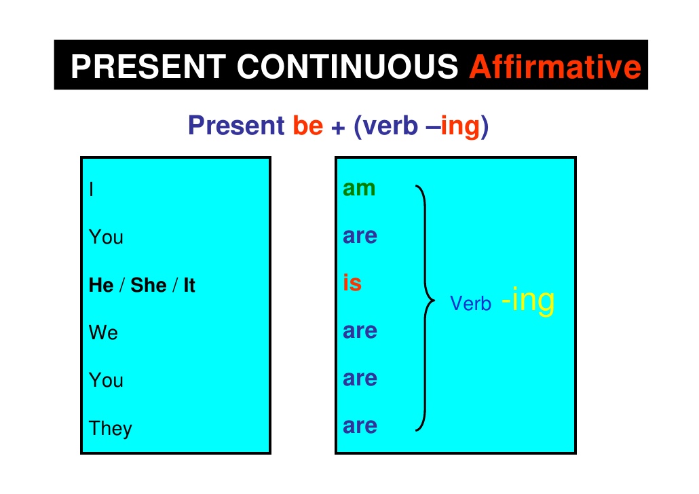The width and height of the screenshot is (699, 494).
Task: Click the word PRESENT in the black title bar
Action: click(x=148, y=66)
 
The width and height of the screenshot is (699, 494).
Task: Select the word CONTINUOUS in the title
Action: click(x=347, y=66)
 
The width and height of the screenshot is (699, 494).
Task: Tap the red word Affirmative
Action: click(x=555, y=66)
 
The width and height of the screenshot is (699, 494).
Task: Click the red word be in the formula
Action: click(x=307, y=126)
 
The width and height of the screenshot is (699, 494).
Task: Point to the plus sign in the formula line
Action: click(x=338, y=127)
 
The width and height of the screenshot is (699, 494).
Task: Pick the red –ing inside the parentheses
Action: click(x=455, y=126)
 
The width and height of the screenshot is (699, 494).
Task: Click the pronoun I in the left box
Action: click(x=91, y=189)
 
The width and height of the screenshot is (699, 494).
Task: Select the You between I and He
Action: click(x=106, y=237)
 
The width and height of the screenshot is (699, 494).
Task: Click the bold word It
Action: click(x=189, y=285)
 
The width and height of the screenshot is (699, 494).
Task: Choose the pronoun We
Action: click(x=103, y=332)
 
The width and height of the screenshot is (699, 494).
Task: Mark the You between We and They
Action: click(x=106, y=380)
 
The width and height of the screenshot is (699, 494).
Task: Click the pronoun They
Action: click(x=110, y=428)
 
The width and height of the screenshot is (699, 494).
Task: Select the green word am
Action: click(x=359, y=188)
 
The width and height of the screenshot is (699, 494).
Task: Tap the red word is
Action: click(x=352, y=283)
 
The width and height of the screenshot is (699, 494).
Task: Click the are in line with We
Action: click(x=360, y=331)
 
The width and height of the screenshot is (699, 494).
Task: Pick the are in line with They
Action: click(x=360, y=426)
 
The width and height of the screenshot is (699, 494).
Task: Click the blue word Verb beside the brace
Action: click(x=470, y=304)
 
